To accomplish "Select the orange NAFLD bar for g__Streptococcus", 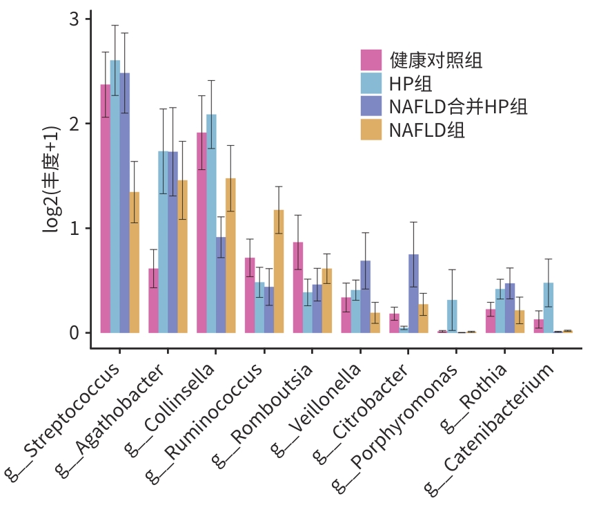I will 135,263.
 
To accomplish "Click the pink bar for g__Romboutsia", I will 298,287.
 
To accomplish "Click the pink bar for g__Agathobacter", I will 153,301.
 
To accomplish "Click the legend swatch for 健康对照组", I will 371,60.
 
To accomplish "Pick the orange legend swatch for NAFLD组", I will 371,129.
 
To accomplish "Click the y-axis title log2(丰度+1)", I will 52,181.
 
